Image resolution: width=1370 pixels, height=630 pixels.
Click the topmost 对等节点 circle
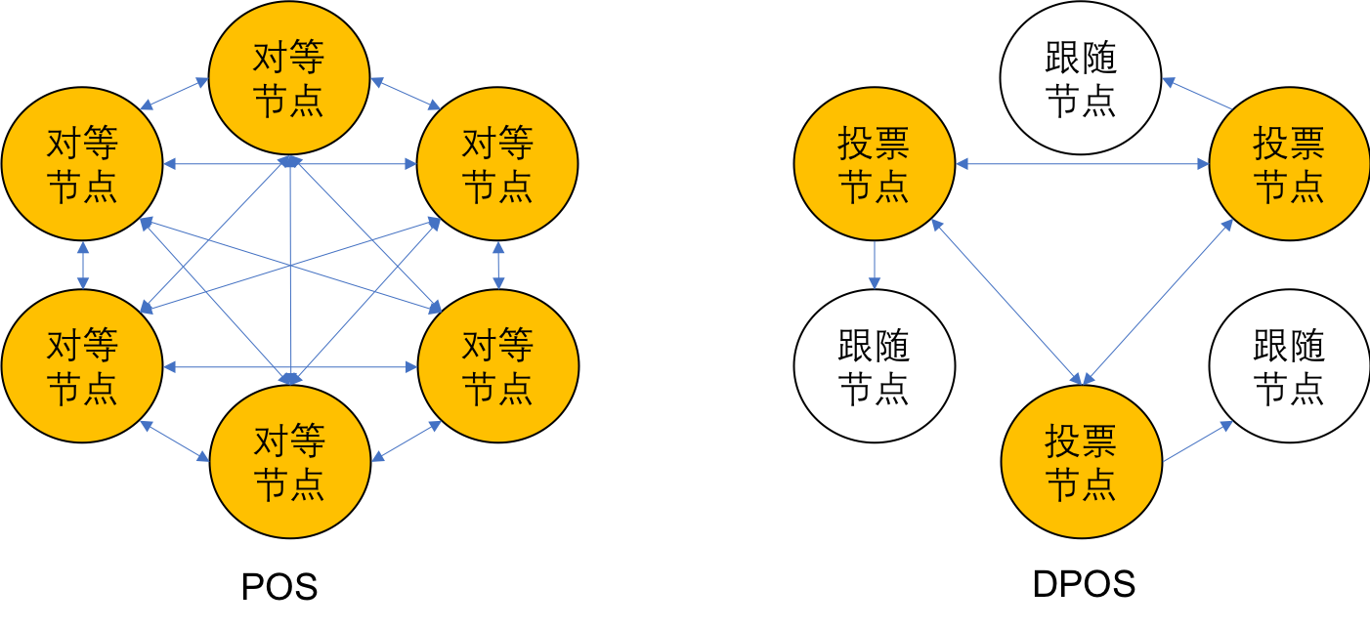coord(289,78)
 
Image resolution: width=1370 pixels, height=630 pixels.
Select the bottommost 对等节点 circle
coord(289,461)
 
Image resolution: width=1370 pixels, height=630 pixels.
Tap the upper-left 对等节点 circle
coord(82,164)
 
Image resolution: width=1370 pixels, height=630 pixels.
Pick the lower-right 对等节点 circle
coord(498,365)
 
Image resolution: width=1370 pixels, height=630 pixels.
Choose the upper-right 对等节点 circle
coord(498,164)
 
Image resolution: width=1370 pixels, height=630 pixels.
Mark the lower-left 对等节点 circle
coord(82,365)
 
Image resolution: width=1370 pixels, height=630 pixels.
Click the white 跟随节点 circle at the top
coord(1081,78)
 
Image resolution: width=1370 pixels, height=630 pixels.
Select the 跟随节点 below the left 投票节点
coord(874,365)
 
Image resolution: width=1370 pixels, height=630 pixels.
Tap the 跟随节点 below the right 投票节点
coord(1289,365)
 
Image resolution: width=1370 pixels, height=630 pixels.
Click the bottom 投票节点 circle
coord(1081,461)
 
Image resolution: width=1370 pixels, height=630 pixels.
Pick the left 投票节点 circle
coord(874,164)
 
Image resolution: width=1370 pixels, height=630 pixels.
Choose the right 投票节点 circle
coord(1289,164)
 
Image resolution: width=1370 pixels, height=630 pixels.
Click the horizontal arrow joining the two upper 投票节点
coord(1082,164)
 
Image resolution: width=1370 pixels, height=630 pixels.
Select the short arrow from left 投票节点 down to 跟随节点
coord(874,266)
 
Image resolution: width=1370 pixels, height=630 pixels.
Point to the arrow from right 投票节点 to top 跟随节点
coord(1196,94)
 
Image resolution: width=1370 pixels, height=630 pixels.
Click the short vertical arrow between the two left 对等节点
coord(82,265)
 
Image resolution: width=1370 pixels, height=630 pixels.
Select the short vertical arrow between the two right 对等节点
coord(498,265)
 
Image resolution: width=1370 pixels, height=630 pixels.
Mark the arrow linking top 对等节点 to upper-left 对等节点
coord(175,94)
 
